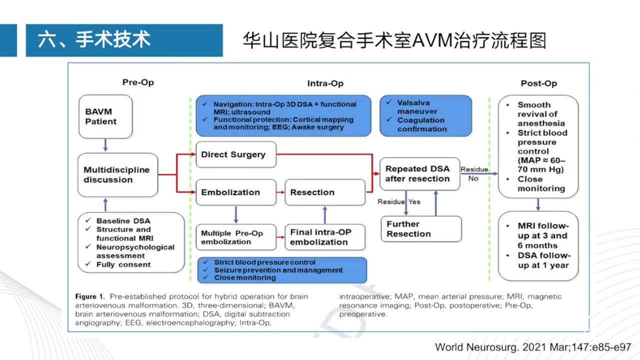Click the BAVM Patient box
point(105,116)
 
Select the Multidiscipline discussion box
point(117,175)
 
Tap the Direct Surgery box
point(235,154)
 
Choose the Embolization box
point(235,192)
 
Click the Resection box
point(324,192)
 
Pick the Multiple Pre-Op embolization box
point(235,237)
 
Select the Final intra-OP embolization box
point(324,237)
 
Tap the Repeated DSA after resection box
point(419,174)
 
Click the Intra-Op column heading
point(325,83)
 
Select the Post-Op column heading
point(538,83)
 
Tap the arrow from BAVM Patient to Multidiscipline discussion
point(105,145)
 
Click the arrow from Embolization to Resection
point(280,192)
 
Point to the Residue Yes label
point(398,202)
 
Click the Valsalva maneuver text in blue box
point(417,107)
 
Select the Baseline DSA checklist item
point(123,221)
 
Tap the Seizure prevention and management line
point(278,270)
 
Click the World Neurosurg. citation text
point(533,347)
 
